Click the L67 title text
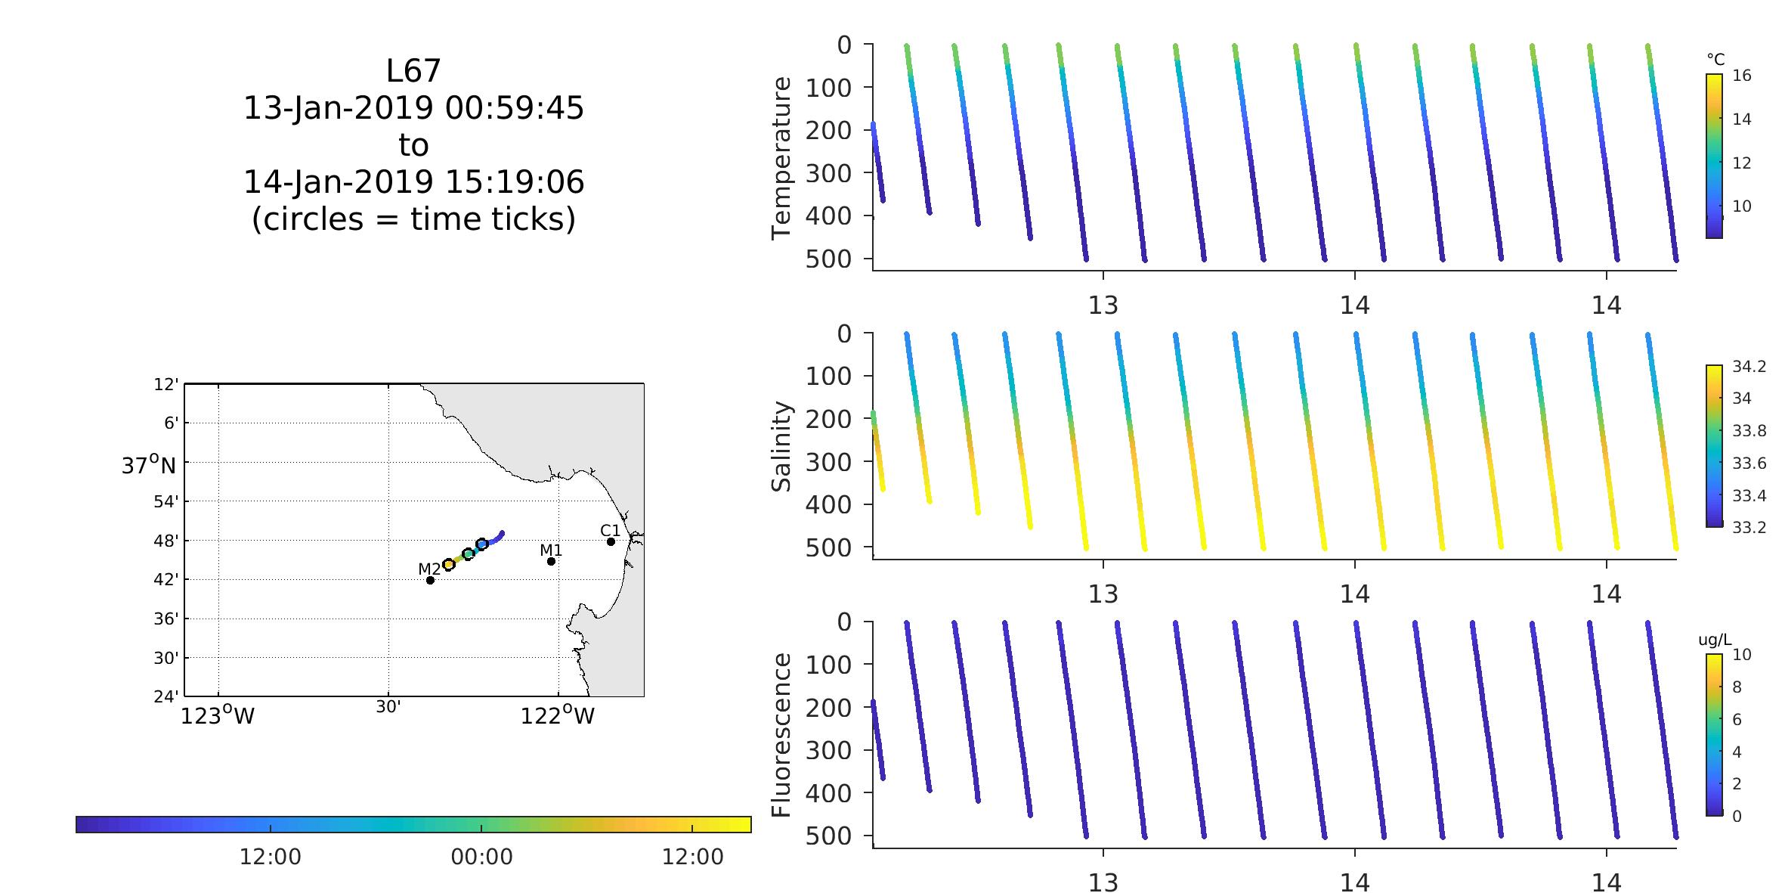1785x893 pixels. (413, 71)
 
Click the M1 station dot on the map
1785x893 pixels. (551, 561)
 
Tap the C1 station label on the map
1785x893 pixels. (610, 529)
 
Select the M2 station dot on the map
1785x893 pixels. (430, 580)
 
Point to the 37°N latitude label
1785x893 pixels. (149, 464)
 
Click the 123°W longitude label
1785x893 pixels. (218, 715)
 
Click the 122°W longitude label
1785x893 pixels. (558, 715)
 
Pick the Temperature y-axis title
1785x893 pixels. (781, 158)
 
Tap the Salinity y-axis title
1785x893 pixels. (781, 446)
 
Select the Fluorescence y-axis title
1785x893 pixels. (781, 735)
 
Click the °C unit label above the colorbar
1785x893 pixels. (1715, 59)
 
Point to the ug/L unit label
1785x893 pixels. (1715, 640)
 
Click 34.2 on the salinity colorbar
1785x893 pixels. (1749, 367)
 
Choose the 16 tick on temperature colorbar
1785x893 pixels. (1741, 76)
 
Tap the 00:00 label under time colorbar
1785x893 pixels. (481, 857)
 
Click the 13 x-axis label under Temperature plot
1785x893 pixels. (1103, 305)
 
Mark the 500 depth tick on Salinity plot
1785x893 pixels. (828, 547)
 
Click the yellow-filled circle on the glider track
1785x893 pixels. (448, 564)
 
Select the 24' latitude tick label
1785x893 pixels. (167, 696)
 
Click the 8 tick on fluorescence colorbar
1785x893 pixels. (1737, 687)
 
